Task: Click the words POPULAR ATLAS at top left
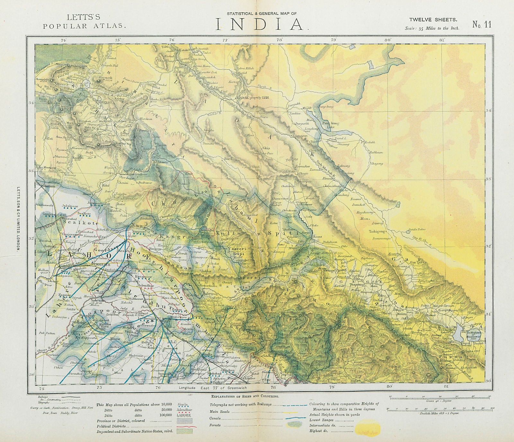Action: pyautogui.click(x=84, y=27)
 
